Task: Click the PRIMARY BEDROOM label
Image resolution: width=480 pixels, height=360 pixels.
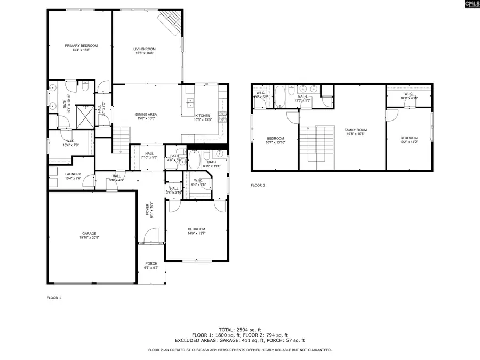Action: (77, 46)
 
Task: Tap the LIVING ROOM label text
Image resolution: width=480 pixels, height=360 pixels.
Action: (144, 49)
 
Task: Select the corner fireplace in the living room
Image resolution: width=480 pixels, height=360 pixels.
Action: (170, 22)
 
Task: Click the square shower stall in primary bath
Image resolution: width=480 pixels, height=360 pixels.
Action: (84, 115)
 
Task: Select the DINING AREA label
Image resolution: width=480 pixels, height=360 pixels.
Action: (146, 114)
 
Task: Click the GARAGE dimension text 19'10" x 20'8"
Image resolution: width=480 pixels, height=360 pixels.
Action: (89, 237)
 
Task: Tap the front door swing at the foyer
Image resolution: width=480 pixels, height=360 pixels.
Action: (151, 235)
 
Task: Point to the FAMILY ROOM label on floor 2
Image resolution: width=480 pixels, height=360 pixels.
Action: (355, 130)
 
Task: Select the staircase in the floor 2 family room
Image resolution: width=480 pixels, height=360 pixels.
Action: (324, 147)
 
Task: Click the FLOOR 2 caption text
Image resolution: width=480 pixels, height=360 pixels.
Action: (258, 185)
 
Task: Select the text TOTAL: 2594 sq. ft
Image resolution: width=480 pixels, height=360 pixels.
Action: (239, 330)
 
